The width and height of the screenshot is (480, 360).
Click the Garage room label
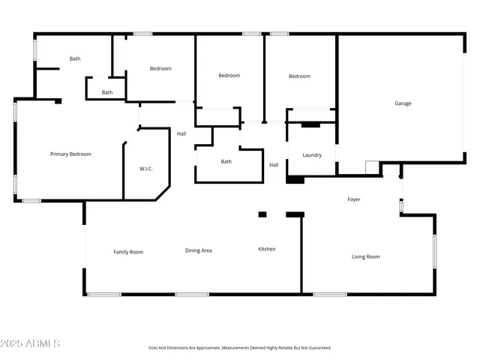(403, 103)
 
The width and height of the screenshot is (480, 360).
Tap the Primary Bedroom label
(70, 154)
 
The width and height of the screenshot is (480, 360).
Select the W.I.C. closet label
(146, 169)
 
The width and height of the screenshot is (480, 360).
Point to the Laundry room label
(312, 155)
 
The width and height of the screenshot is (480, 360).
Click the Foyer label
(354, 199)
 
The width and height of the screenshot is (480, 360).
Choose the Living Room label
(366, 256)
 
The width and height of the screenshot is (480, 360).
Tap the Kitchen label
(267, 249)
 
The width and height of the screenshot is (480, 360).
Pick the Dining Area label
(199, 250)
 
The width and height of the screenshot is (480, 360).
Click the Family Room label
(128, 252)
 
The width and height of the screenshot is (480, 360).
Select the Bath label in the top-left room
(75, 58)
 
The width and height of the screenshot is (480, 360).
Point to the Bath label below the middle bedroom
(226, 162)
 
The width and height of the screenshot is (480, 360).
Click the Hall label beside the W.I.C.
(181, 134)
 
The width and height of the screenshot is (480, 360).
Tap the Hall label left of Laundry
(274, 165)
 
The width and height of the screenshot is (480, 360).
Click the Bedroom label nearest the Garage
(300, 76)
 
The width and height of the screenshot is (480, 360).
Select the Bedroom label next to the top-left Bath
(160, 69)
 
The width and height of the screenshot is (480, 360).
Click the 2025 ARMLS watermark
(31, 343)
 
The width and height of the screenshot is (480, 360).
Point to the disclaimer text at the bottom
(239, 348)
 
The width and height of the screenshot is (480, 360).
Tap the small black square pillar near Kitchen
(262, 214)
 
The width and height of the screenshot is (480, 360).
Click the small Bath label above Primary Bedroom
(107, 92)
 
